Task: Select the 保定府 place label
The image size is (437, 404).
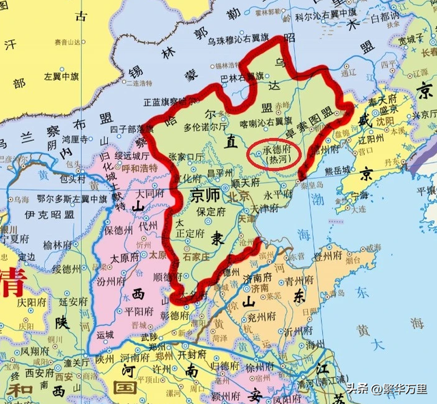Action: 212,212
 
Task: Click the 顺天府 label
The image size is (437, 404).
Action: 248,183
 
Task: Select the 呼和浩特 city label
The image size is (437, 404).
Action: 139,167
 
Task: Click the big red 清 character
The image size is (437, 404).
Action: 13,283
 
